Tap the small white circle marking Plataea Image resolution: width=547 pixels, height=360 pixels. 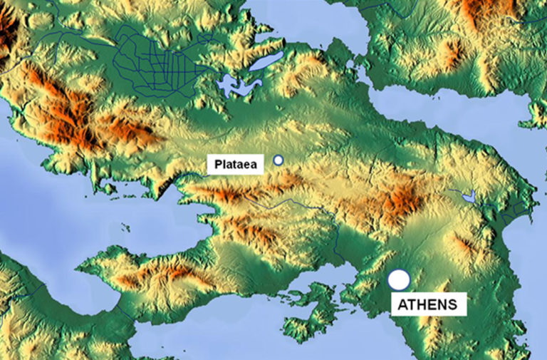point(278,160)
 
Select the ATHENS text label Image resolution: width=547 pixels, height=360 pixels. point(429,305)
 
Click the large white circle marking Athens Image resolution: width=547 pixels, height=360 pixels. point(399,279)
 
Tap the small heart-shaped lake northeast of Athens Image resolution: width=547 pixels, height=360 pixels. point(468,195)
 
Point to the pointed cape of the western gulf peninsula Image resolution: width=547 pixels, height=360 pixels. point(80,268)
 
